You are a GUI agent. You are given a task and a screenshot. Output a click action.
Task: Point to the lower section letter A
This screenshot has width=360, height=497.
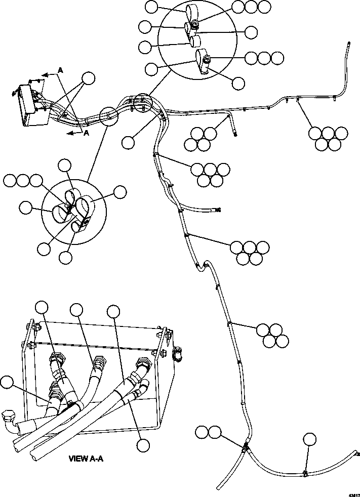86,133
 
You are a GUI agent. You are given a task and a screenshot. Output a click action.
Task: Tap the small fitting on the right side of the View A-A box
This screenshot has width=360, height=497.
177,353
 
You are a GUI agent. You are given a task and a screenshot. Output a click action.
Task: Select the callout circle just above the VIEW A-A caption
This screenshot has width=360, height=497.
143,445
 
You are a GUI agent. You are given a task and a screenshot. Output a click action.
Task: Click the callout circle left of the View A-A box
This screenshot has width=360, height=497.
7,383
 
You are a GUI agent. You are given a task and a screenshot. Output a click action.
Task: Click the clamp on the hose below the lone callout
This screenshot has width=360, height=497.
305,474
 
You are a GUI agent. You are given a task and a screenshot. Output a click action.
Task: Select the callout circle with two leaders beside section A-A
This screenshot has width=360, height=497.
89,78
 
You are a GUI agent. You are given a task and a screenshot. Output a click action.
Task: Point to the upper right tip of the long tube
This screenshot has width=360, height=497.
349,44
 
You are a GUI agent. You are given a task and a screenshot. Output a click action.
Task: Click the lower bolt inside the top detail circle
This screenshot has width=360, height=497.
207,60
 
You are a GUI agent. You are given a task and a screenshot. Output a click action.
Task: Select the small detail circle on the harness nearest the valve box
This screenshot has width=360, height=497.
109,115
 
